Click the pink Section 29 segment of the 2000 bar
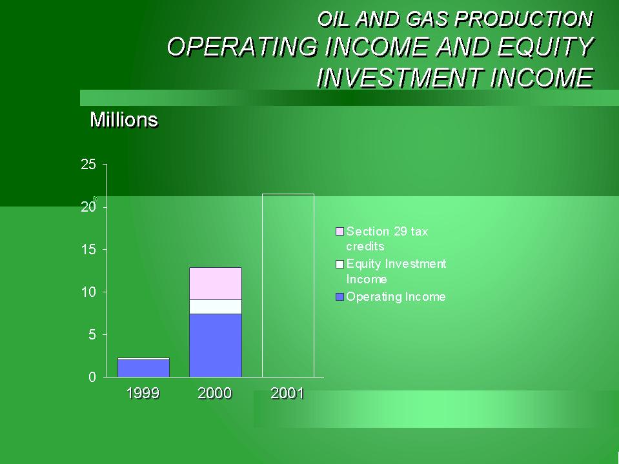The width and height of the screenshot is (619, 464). [x=216, y=284]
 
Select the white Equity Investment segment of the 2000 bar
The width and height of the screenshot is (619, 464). [x=216, y=307]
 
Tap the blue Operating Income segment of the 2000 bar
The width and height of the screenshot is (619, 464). [x=216, y=346]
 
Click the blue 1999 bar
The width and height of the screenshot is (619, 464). [x=144, y=368]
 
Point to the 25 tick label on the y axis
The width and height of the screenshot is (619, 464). [x=88, y=165]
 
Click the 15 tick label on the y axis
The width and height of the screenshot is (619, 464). [x=88, y=250]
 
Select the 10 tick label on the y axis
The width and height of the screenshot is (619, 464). [x=88, y=292]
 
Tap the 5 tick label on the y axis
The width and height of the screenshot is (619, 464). [x=92, y=335]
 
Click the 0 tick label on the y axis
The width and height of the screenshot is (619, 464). [x=92, y=377]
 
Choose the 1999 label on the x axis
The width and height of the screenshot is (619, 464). [x=143, y=394]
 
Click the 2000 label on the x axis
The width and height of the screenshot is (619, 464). [x=215, y=394]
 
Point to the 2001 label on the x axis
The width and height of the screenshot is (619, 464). [x=287, y=394]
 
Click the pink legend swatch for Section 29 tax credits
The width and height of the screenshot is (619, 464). [x=340, y=231]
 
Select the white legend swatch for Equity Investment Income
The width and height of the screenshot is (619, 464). [x=340, y=264]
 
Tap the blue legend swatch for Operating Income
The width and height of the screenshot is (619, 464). [x=340, y=297]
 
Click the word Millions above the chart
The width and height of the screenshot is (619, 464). [x=124, y=119]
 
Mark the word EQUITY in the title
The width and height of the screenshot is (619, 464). [x=545, y=47]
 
